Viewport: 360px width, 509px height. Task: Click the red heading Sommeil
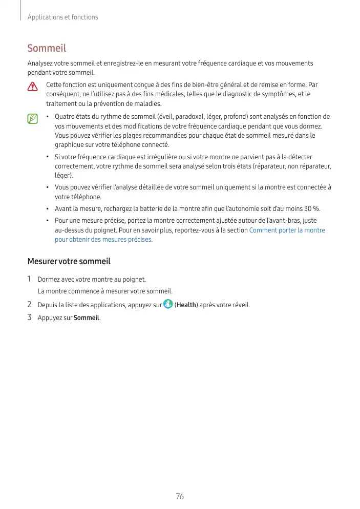pos(47,49)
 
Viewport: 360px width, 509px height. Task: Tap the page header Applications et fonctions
pos(62,17)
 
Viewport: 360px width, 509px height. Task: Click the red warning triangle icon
pos(33,86)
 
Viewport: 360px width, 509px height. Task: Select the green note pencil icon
pos(33,119)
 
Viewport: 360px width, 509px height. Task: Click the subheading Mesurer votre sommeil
pos(69,261)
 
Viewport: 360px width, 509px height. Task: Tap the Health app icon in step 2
pos(168,305)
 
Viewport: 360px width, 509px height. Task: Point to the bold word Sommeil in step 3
pos(87,318)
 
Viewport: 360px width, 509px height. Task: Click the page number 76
pos(180,496)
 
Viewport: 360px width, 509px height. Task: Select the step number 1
pos(30,279)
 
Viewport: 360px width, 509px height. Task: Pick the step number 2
pos(30,305)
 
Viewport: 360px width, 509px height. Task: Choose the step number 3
pos(30,318)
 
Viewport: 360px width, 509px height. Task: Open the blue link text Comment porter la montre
pos(287,230)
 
